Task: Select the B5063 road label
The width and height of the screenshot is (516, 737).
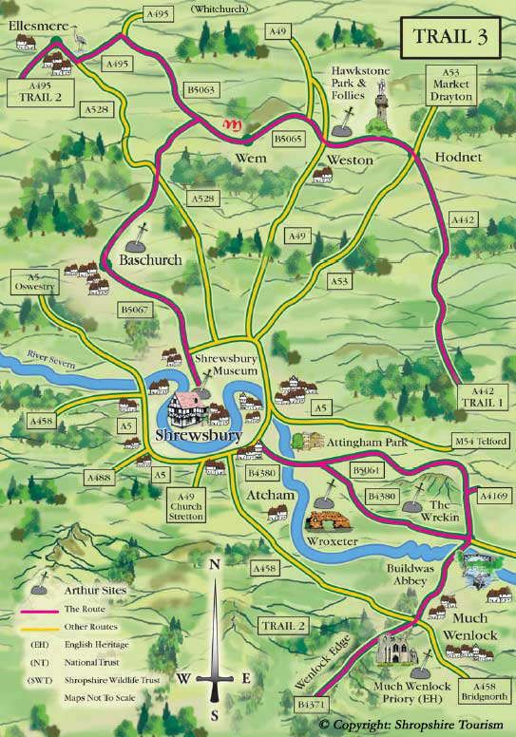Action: [x=201, y=88]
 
